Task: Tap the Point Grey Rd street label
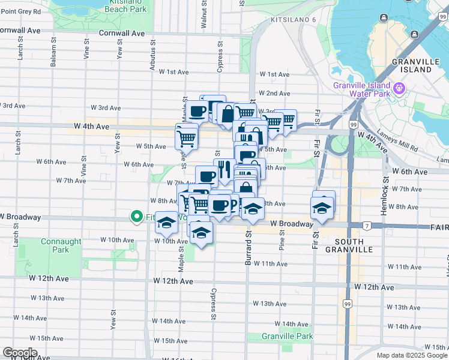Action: (20, 11)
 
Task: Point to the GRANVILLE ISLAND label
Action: (411, 65)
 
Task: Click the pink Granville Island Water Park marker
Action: (399, 90)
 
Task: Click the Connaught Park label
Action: (61, 245)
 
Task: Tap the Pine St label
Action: (281, 240)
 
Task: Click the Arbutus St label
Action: (152, 61)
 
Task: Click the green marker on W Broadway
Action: (136, 217)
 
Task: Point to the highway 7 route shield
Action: (366, 226)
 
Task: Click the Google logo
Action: (20, 353)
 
